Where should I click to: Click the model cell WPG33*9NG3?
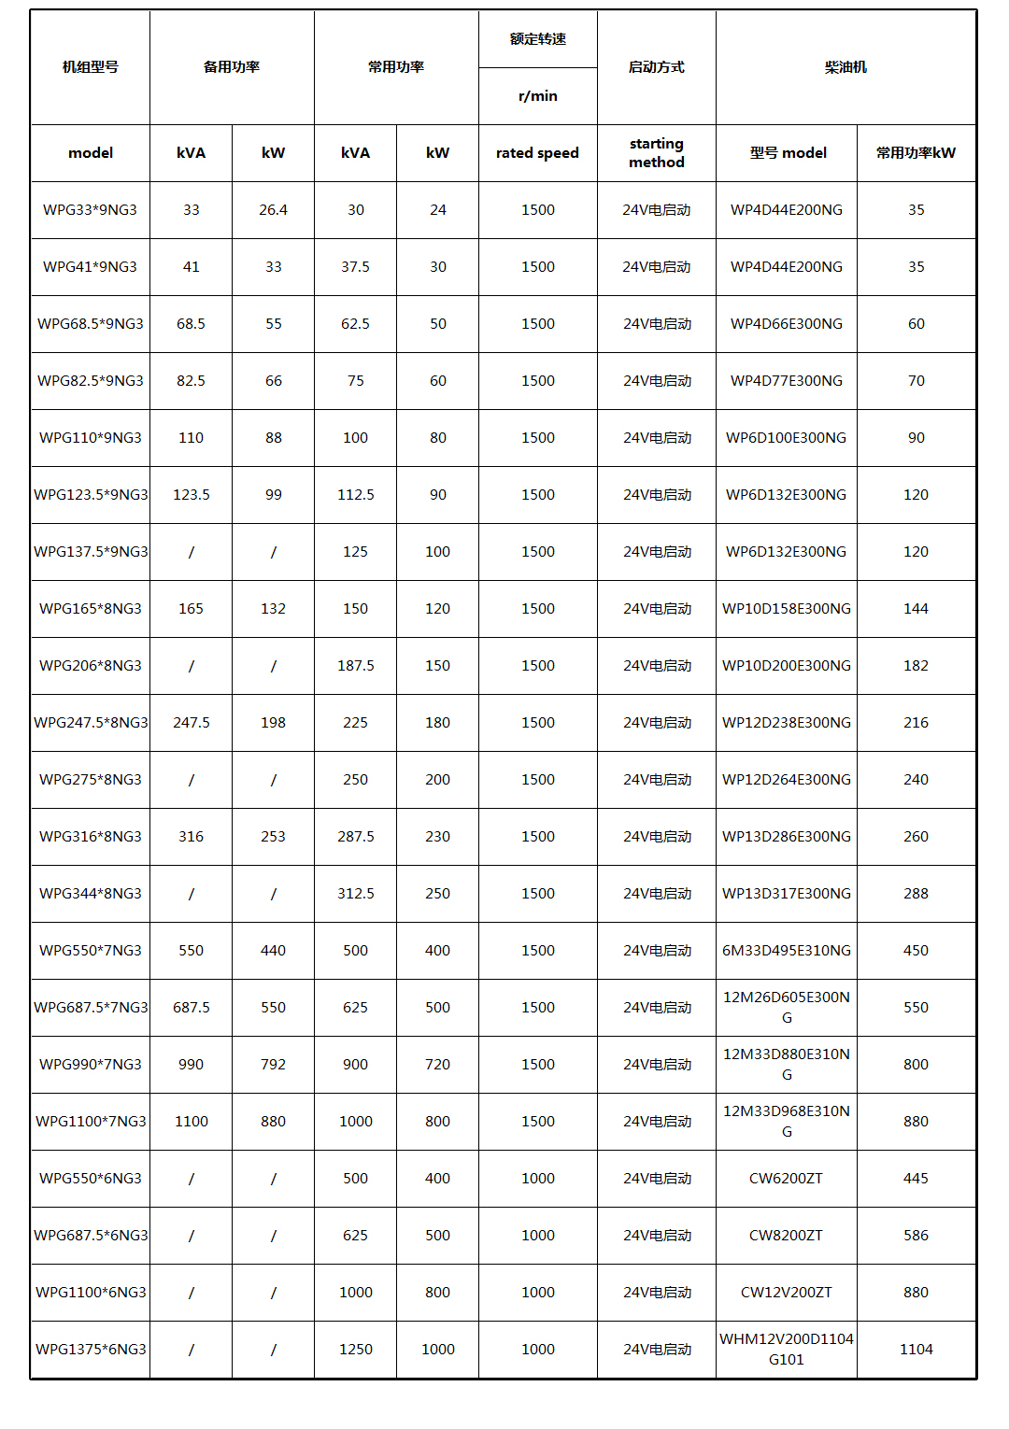(x=90, y=210)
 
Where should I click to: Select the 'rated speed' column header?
(x=537, y=153)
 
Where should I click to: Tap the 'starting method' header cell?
(x=656, y=153)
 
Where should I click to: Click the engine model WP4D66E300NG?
(x=786, y=324)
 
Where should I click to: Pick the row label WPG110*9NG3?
(x=90, y=438)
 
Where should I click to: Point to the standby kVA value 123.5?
(x=191, y=495)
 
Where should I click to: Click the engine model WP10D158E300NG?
(x=786, y=609)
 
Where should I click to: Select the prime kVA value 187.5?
(x=355, y=666)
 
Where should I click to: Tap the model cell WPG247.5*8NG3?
(x=90, y=723)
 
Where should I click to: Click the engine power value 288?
(x=916, y=894)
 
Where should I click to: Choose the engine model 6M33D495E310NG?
(x=786, y=951)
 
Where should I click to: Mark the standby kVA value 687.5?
(x=191, y=1008)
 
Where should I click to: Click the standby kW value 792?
(x=273, y=1065)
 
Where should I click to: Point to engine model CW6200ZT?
(x=786, y=1179)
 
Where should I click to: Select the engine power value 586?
(x=916, y=1236)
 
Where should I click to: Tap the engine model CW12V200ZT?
(x=786, y=1293)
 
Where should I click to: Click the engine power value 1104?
(x=916, y=1350)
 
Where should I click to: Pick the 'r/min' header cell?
(x=537, y=96)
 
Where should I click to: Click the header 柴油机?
(x=846, y=67)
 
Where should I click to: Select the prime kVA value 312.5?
(x=355, y=894)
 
